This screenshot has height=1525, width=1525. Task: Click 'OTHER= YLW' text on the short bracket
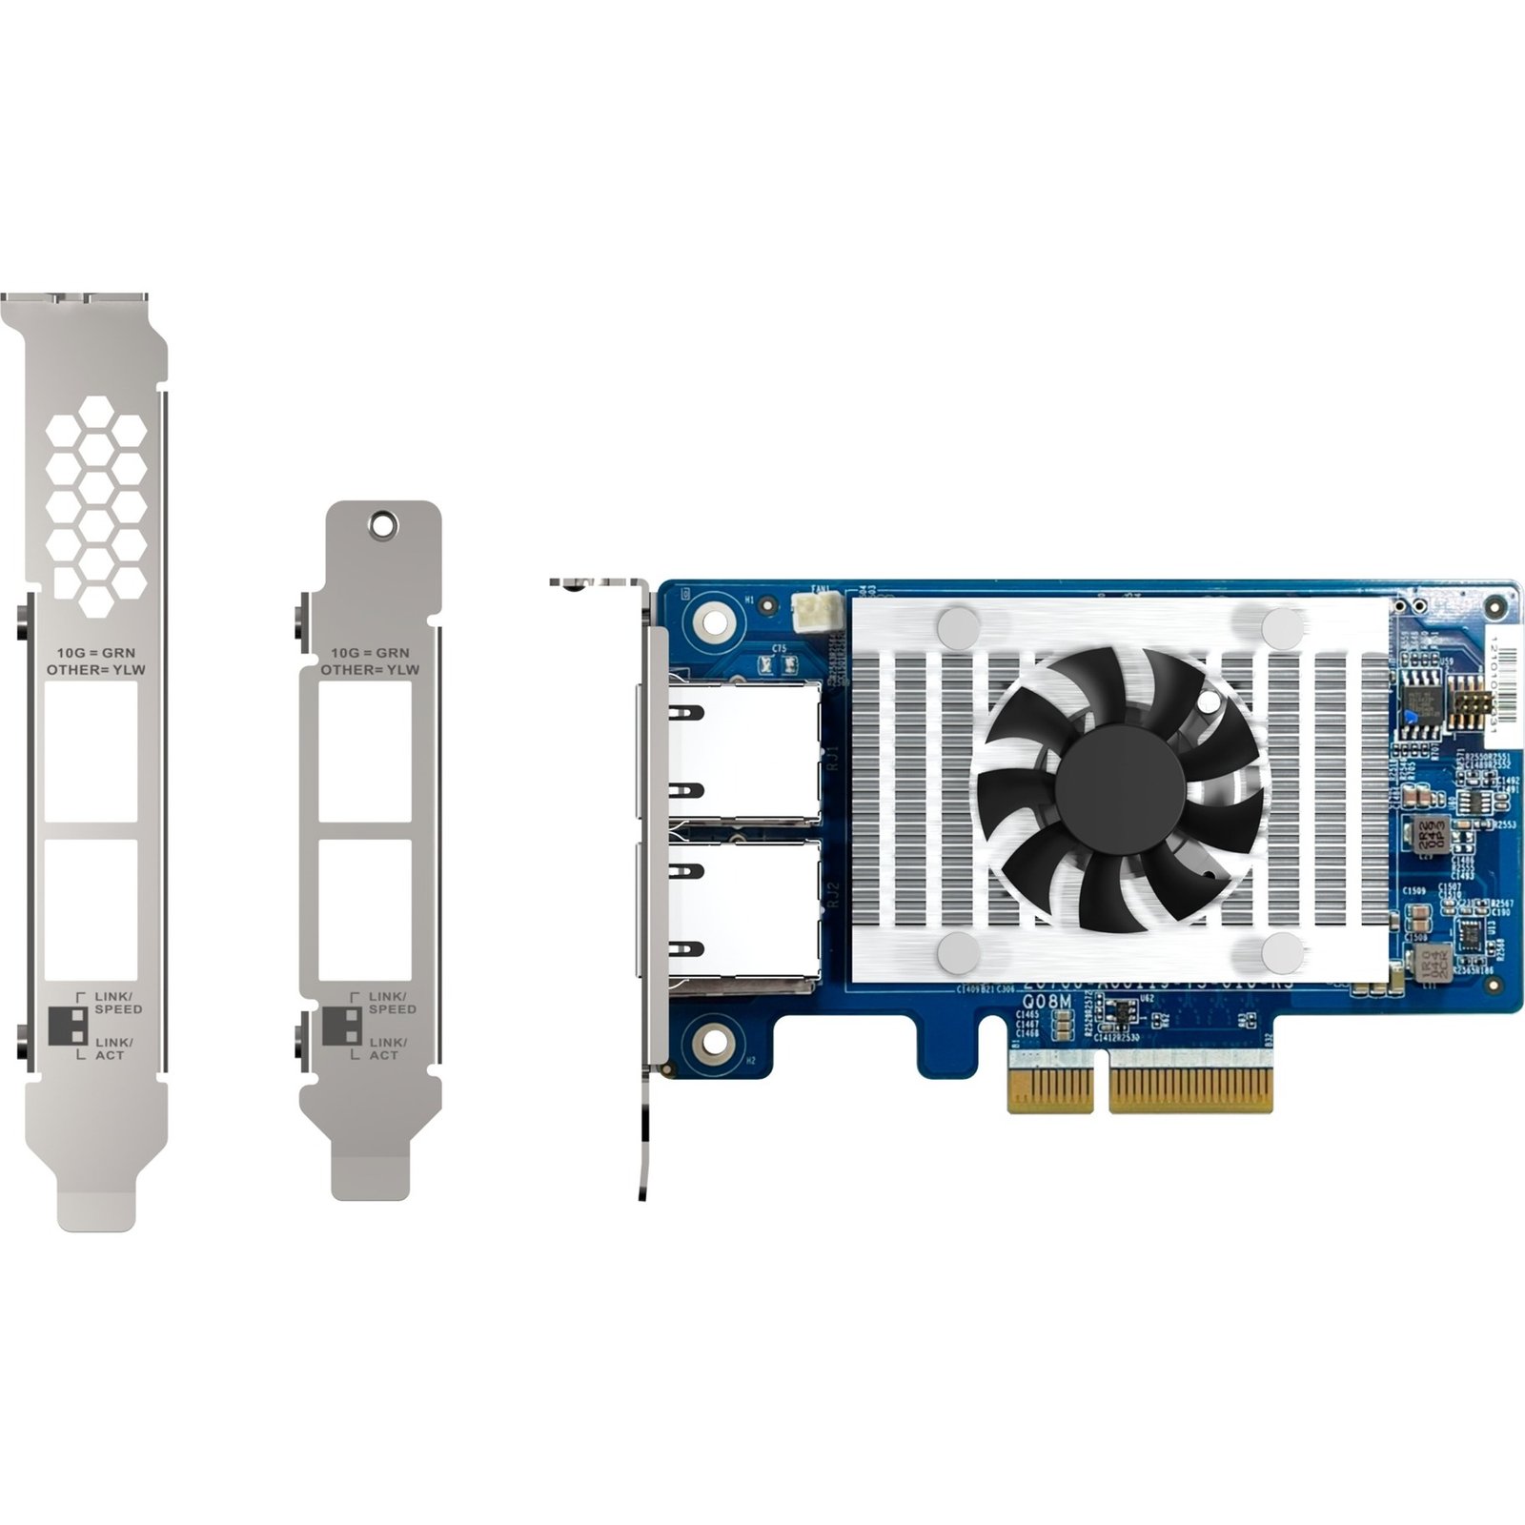370,669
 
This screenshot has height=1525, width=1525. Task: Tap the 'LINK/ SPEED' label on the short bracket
392,1003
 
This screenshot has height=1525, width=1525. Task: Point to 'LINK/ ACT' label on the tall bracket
113,1048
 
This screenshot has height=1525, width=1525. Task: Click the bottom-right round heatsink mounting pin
1281,952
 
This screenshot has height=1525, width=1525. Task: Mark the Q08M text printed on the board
1047,1003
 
